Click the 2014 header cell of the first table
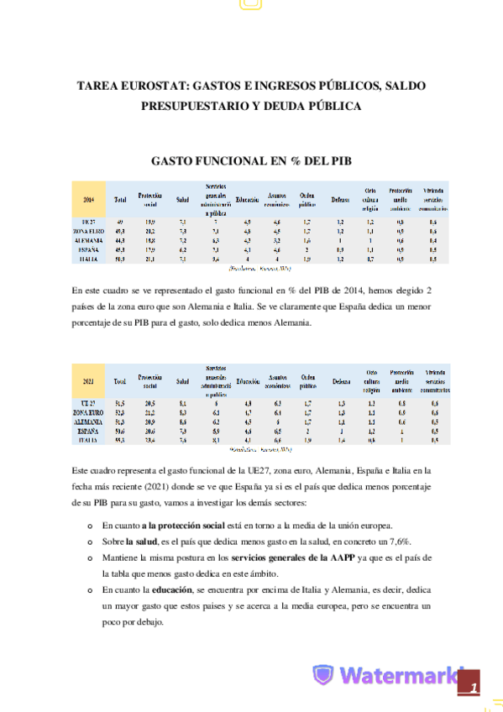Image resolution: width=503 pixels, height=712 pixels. tap(89, 200)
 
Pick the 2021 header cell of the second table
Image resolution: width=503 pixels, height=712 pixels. tap(89, 381)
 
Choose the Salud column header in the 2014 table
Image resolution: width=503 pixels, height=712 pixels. tap(181, 200)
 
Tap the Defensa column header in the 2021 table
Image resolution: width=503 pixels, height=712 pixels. tap(340, 382)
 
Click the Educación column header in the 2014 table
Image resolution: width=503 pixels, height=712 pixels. tap(248, 200)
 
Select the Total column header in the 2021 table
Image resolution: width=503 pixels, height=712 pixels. tap(120, 382)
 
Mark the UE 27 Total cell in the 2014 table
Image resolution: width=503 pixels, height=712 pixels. tap(120, 221)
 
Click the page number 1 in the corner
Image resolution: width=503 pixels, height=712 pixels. tap(474, 688)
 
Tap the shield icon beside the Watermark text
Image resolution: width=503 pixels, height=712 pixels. tap(322, 676)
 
